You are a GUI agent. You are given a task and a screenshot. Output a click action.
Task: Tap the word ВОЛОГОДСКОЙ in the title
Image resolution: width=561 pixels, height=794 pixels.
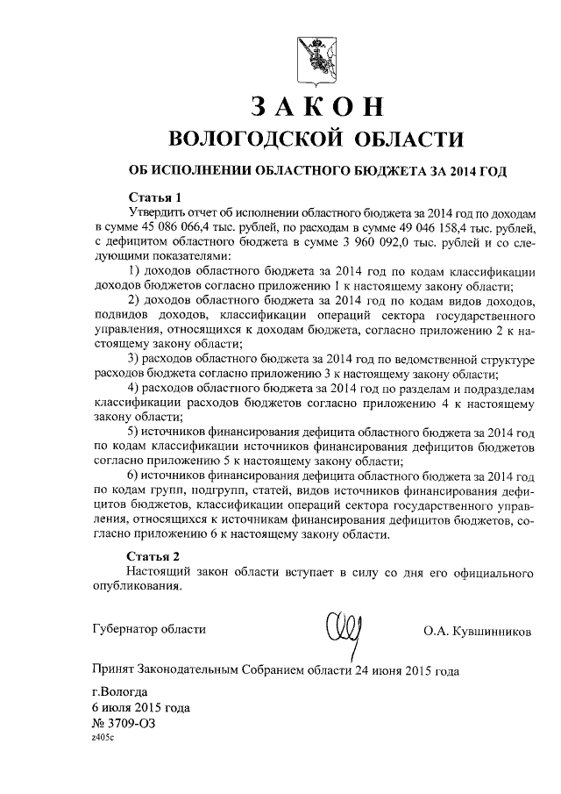pyautogui.click(x=251, y=139)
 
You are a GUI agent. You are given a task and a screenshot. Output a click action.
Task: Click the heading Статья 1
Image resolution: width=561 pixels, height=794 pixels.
pyautogui.click(x=153, y=197)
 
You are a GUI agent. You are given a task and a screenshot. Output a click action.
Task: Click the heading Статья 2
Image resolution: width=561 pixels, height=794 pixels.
pyautogui.click(x=153, y=556)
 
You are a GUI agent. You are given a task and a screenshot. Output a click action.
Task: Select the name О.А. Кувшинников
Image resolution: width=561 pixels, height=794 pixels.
pyautogui.click(x=477, y=630)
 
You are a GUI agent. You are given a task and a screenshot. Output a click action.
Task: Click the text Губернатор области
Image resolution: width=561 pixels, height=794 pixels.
pyautogui.click(x=149, y=628)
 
